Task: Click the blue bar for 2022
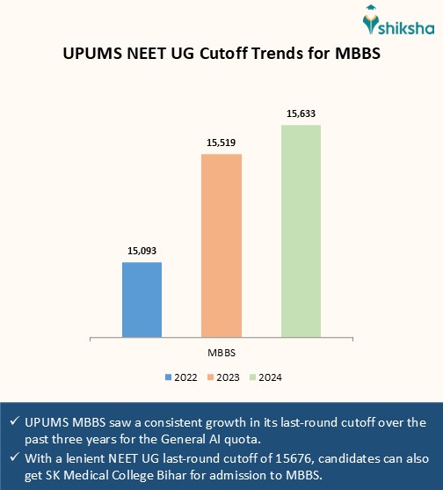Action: [142, 299]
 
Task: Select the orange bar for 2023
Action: [221, 245]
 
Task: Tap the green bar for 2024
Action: [301, 230]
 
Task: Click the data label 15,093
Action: [142, 252]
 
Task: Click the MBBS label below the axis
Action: [221, 352]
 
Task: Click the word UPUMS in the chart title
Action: [94, 53]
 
